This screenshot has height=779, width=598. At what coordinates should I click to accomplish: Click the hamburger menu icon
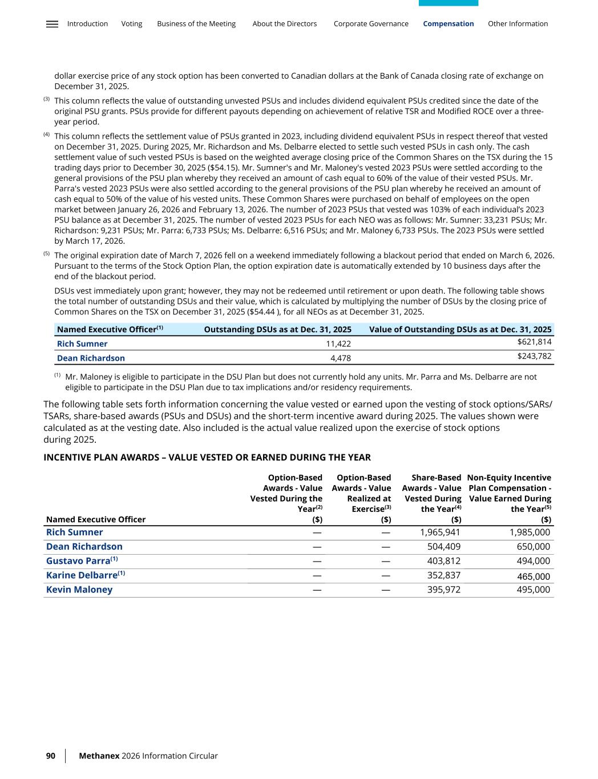(x=52, y=24)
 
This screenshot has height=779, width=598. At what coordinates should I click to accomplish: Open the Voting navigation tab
(x=132, y=24)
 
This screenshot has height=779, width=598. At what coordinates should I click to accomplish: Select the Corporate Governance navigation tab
(x=371, y=24)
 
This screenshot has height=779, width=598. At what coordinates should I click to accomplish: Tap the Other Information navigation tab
(x=518, y=24)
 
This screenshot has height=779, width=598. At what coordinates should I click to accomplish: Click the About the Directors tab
(x=284, y=24)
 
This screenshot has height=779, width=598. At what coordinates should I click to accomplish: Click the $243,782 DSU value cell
(x=534, y=356)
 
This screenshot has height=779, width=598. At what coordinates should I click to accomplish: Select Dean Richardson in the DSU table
(x=91, y=358)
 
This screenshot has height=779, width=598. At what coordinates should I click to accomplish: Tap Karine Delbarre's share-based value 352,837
(x=443, y=575)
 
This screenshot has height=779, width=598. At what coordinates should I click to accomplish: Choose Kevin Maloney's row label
(x=79, y=590)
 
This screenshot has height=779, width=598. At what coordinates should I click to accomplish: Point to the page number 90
(x=51, y=756)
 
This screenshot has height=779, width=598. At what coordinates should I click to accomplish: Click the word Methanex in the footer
(x=99, y=756)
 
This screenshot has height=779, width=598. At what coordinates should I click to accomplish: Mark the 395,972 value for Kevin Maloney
(x=443, y=590)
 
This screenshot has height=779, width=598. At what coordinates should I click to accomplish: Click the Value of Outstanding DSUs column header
(x=460, y=329)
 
